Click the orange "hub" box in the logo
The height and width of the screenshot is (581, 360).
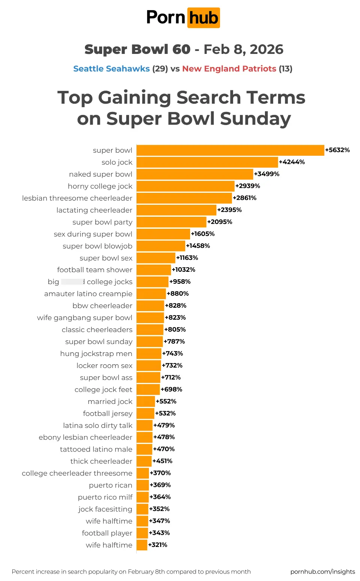tap(203, 18)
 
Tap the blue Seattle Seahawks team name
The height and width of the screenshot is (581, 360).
tap(112, 69)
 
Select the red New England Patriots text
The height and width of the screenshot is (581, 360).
tap(229, 69)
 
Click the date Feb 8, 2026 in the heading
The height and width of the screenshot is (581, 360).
tap(243, 49)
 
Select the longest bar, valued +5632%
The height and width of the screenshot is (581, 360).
tap(230, 150)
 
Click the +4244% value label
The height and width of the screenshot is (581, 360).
tap(292, 162)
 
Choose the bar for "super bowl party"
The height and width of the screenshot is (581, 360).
tap(171, 222)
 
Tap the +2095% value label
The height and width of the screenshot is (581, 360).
tap(220, 222)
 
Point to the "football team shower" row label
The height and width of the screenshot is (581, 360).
tap(95, 270)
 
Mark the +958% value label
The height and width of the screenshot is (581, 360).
tap(180, 282)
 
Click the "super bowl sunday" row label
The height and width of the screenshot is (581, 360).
tap(99, 342)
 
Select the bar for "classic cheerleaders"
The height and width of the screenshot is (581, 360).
tap(150, 329)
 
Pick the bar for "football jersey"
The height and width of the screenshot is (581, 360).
tap(145, 413)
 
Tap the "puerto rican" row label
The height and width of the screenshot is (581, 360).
tap(110, 485)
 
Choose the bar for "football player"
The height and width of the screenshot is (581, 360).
tap(142, 533)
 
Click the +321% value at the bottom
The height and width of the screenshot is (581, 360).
tap(158, 545)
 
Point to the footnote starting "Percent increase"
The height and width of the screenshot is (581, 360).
tap(131, 572)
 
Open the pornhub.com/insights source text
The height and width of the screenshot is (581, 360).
tap(323, 572)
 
